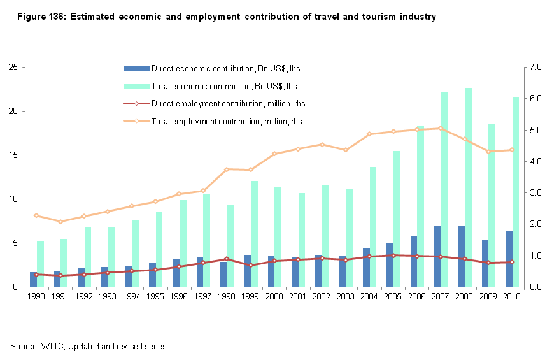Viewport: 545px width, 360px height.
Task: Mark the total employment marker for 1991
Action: [x=60, y=222]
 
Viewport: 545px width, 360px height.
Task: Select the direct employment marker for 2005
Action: [x=393, y=256]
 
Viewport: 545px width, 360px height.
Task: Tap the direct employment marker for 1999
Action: [x=251, y=265]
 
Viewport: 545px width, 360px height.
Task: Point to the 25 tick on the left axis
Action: [x=13, y=67]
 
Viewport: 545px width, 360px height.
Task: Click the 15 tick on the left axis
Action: [x=13, y=155]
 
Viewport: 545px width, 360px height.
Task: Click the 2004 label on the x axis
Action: [x=370, y=296]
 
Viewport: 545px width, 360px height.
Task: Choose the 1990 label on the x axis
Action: [x=37, y=296]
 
